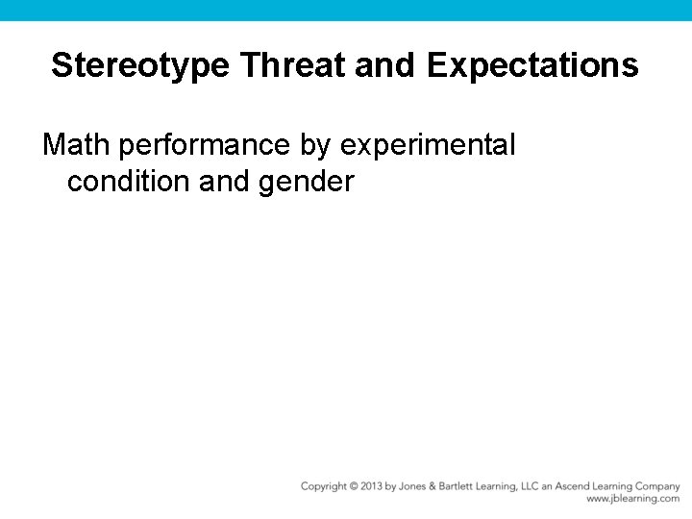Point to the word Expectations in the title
(532, 65)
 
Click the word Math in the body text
(78, 145)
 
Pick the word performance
(206, 145)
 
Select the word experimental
(429, 145)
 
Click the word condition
(129, 180)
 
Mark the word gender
(307, 180)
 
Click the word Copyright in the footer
(324, 486)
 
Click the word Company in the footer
(658, 486)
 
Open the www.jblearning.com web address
(632, 499)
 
